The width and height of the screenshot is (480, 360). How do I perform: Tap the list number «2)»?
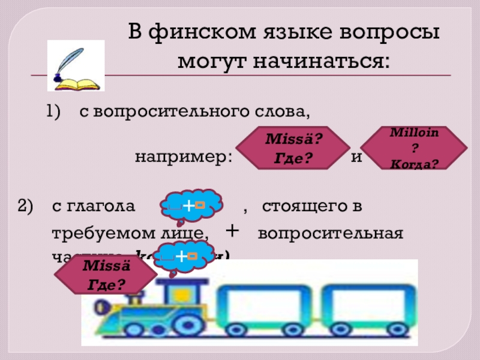pyautogui.click(x=28, y=207)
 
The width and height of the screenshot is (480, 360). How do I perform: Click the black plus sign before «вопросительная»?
pyautogui.click(x=231, y=231)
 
